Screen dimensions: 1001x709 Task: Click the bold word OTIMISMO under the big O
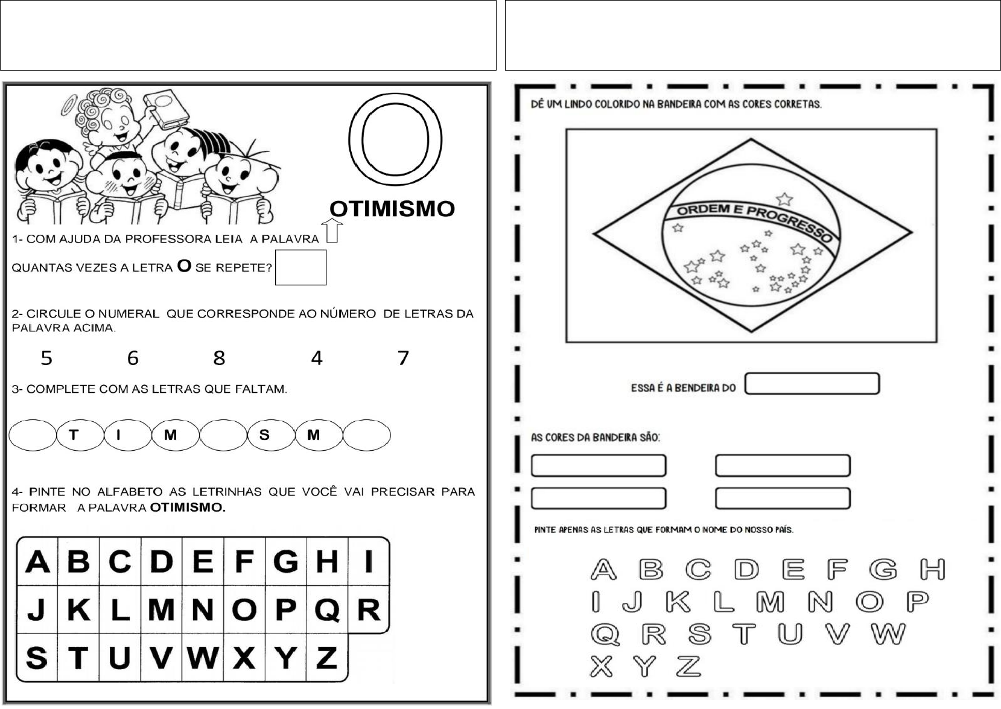[x=392, y=209]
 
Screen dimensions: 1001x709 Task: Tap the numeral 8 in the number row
[x=219, y=358]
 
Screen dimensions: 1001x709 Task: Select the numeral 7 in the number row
[x=403, y=358]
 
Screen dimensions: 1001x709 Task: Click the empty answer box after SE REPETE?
[x=300, y=267]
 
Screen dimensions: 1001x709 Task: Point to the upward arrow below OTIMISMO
[x=332, y=231]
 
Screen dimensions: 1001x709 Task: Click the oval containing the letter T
[x=80, y=435]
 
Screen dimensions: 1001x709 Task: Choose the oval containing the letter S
[x=272, y=435]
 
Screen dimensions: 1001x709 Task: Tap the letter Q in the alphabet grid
[x=327, y=610]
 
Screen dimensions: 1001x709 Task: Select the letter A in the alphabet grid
[x=37, y=562]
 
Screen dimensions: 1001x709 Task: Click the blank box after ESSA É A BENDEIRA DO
[x=812, y=384]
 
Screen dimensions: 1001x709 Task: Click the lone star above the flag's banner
[x=784, y=199]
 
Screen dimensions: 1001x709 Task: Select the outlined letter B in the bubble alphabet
[x=651, y=570]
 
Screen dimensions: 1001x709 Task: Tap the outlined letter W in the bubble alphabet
[x=888, y=634]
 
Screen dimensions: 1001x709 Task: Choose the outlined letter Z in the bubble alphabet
[x=688, y=667]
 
